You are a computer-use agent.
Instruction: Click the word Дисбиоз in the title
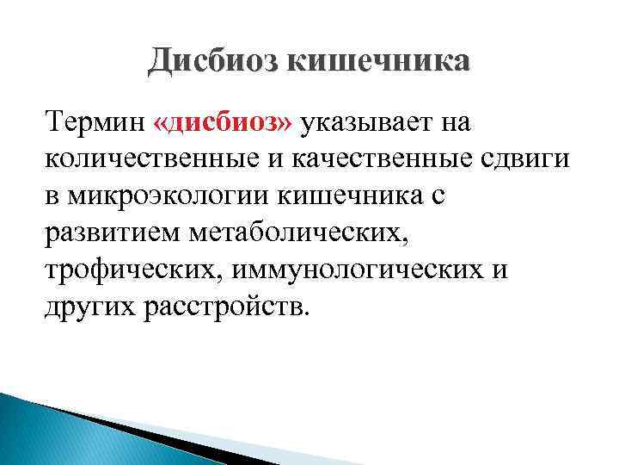point(211,62)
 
